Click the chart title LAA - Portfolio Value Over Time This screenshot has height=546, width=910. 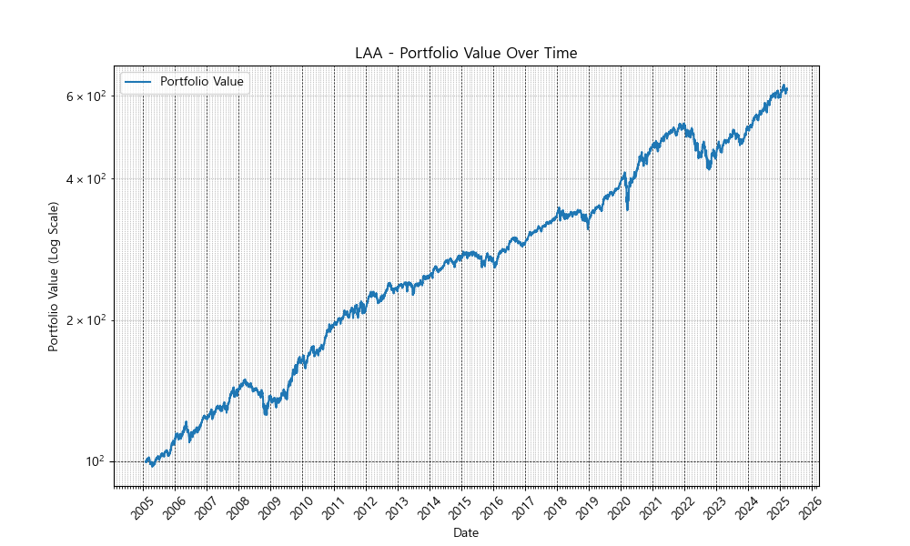coord(466,54)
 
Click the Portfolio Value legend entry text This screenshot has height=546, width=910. coord(201,82)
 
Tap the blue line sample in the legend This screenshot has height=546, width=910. coord(139,82)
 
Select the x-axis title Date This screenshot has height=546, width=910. coord(466,532)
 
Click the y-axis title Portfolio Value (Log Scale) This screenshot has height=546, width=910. coord(54,277)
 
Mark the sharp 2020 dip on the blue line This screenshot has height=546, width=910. coord(628,209)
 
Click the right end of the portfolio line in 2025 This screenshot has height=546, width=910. coord(787,89)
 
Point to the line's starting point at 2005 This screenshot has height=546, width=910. coord(145,461)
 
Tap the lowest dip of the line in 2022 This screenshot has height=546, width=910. coord(710,169)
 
